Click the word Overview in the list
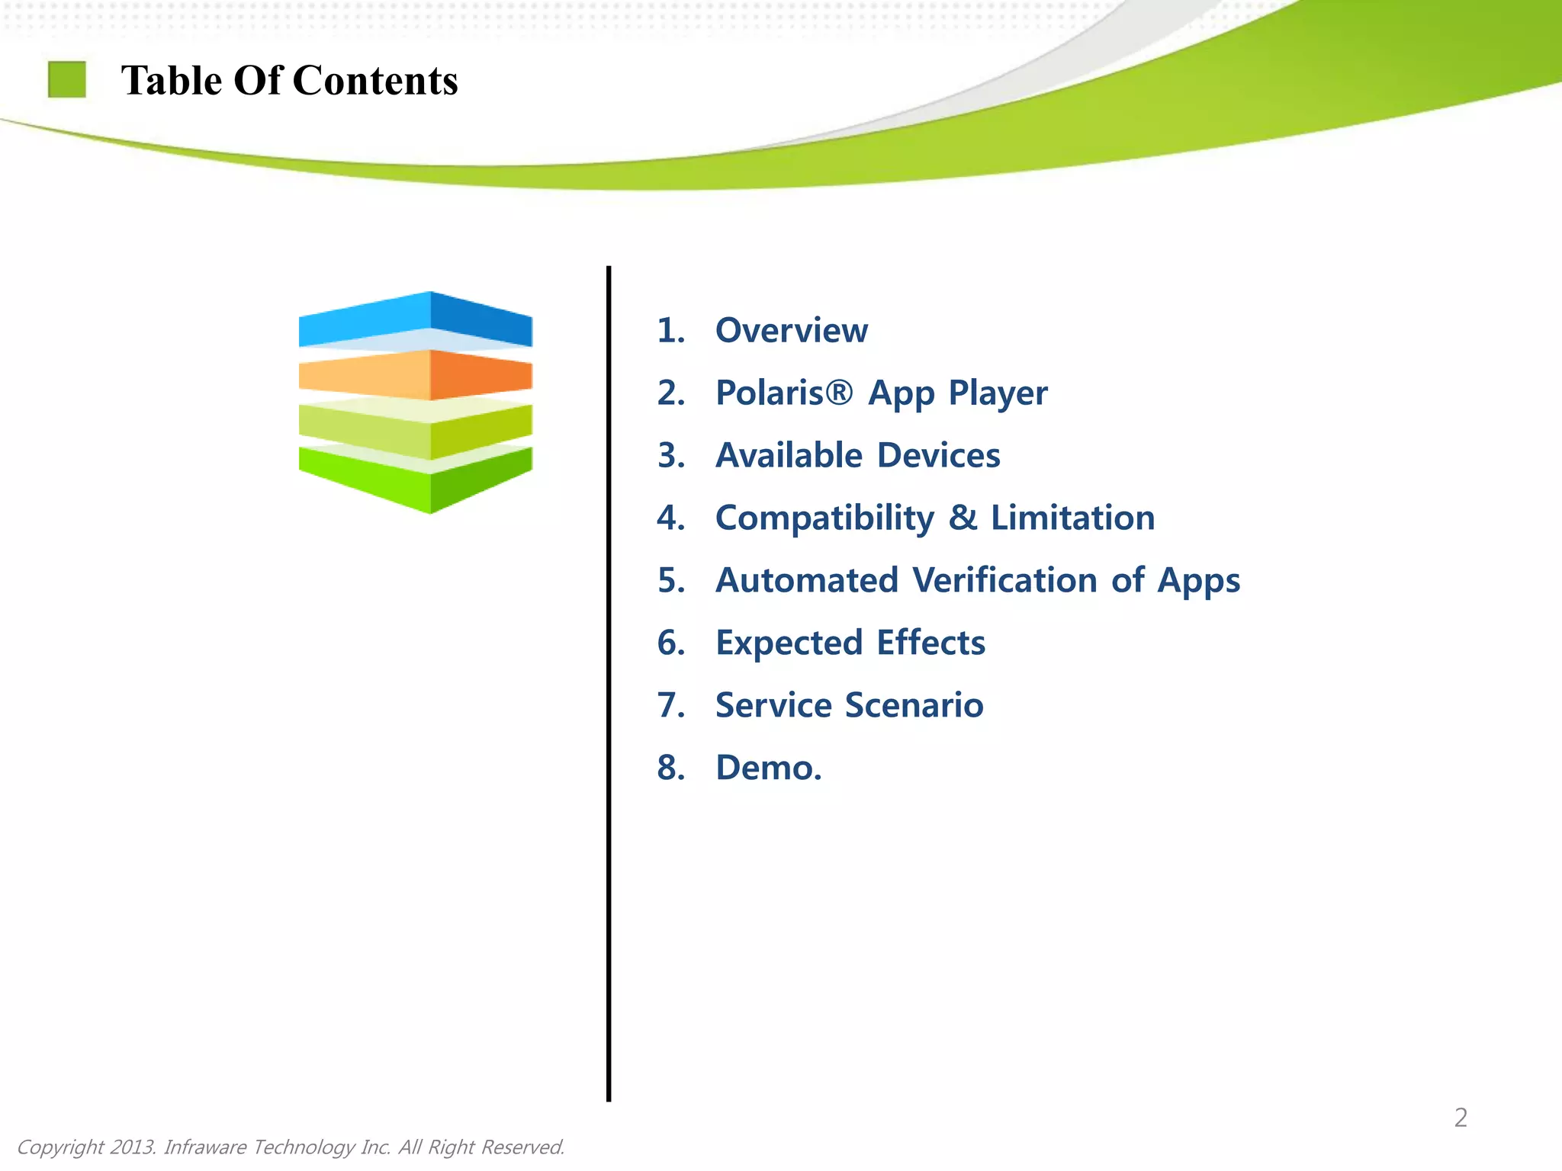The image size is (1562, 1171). click(x=791, y=331)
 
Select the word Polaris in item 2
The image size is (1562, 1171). click(x=770, y=393)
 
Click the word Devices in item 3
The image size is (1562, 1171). click(x=938, y=456)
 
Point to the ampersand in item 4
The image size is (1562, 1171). click(x=963, y=518)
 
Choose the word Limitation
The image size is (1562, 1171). click(x=1072, y=518)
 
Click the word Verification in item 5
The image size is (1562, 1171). click(x=1005, y=580)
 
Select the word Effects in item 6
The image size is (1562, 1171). click(x=930, y=643)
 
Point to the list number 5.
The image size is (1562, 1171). click(x=670, y=581)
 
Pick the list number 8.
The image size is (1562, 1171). click(x=670, y=768)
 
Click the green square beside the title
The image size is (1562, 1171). click(x=67, y=80)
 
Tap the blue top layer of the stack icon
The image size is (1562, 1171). click(x=416, y=318)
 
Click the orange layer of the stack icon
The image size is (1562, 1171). click(x=416, y=374)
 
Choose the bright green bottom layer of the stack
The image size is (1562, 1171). click(x=416, y=479)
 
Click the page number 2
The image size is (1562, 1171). click(x=1460, y=1118)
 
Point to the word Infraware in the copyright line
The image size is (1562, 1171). click(x=204, y=1147)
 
